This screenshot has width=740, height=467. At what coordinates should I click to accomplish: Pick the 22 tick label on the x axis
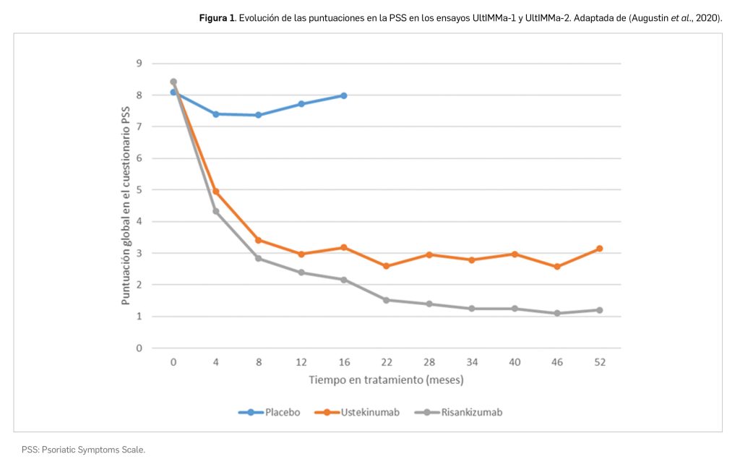(387, 362)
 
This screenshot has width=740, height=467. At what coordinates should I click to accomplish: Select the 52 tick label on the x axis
(599, 362)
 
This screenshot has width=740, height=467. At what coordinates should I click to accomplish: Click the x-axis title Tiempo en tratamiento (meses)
(386, 379)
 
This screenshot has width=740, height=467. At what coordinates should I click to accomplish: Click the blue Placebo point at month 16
(344, 95)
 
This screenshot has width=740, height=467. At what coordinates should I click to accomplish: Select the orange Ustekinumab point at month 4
(216, 192)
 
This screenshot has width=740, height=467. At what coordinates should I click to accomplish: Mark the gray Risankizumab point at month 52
(599, 310)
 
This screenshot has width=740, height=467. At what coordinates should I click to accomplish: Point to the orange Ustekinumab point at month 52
(599, 249)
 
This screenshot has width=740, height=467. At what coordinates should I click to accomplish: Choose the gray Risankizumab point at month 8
(259, 258)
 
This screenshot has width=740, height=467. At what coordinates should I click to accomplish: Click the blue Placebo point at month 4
(216, 114)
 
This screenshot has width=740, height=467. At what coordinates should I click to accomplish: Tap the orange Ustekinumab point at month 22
(387, 266)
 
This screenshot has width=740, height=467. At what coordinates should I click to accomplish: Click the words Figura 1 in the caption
(218, 17)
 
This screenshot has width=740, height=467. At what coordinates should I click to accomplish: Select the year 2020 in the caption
(707, 17)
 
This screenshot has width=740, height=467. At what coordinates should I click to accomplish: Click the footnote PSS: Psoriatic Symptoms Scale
(83, 450)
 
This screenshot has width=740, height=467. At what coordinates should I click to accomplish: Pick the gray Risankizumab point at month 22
(387, 300)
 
